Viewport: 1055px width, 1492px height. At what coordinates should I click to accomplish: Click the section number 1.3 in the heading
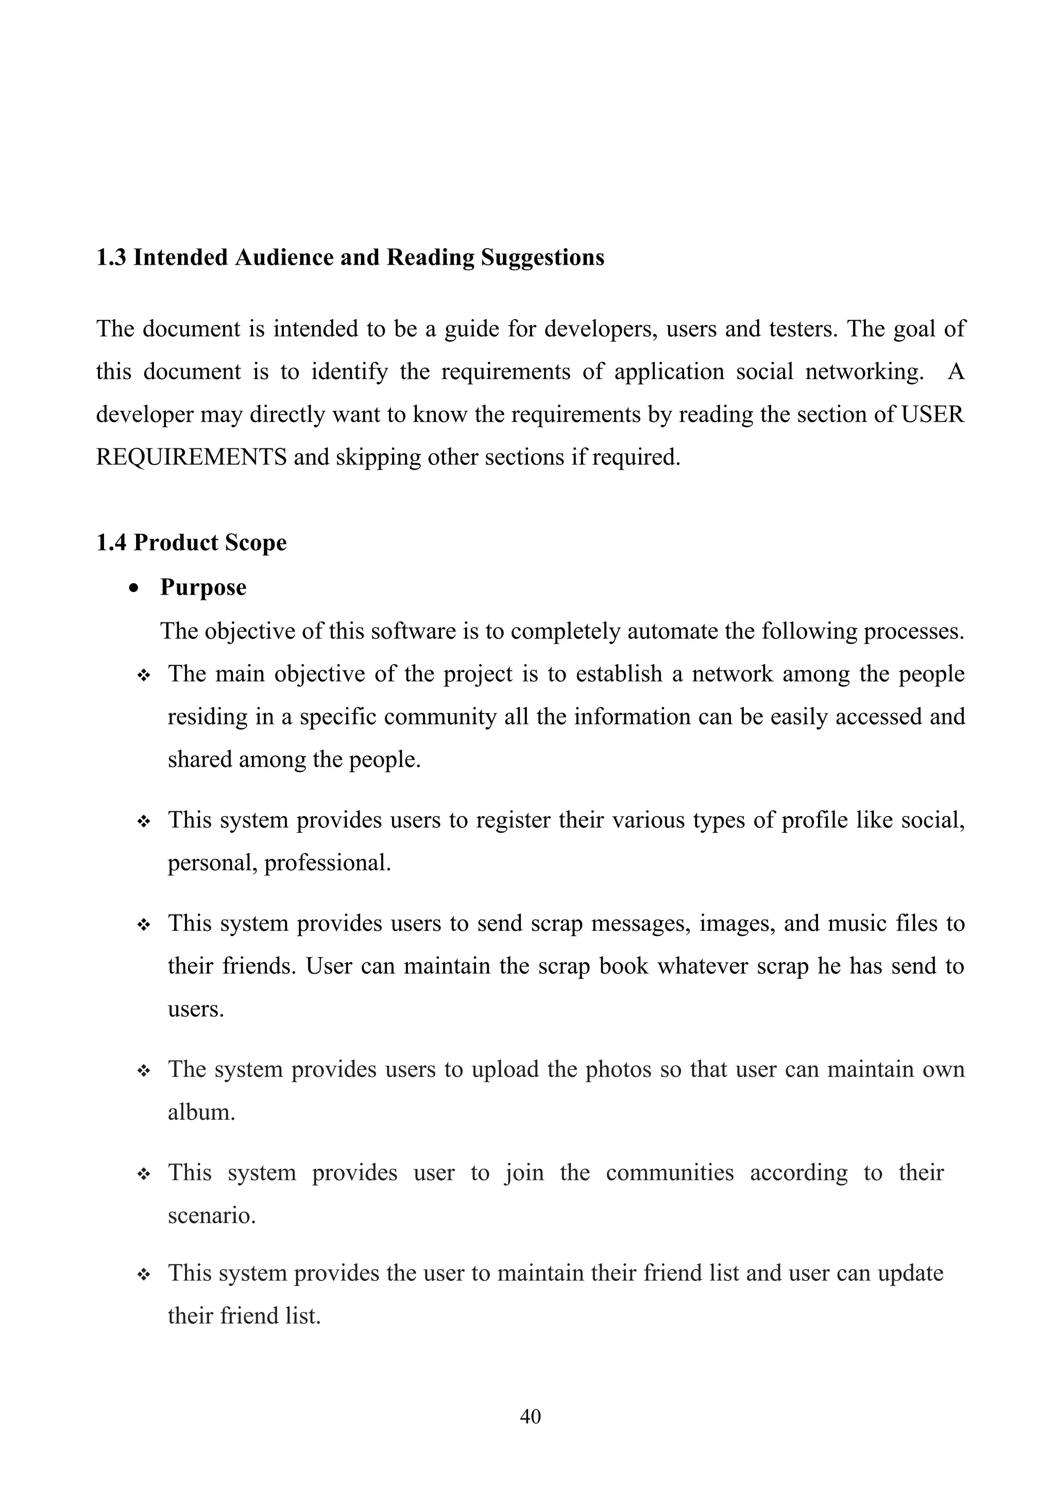pyautogui.click(x=111, y=257)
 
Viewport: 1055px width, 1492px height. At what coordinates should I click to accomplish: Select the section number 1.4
pyautogui.click(x=111, y=543)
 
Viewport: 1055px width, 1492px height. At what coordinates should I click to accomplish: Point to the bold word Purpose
pyautogui.click(x=203, y=588)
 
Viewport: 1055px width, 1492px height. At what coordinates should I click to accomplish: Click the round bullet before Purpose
pyautogui.click(x=134, y=588)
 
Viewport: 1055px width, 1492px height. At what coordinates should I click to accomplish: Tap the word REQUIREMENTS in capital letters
pyautogui.click(x=191, y=458)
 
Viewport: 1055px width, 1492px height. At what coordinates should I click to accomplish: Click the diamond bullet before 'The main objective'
pyautogui.click(x=144, y=676)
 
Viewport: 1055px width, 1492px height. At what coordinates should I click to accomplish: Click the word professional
pyautogui.click(x=327, y=863)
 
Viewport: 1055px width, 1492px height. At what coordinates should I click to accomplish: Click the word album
pyautogui.click(x=201, y=1113)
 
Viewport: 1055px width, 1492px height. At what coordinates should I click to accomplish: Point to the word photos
pyautogui.click(x=618, y=1070)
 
